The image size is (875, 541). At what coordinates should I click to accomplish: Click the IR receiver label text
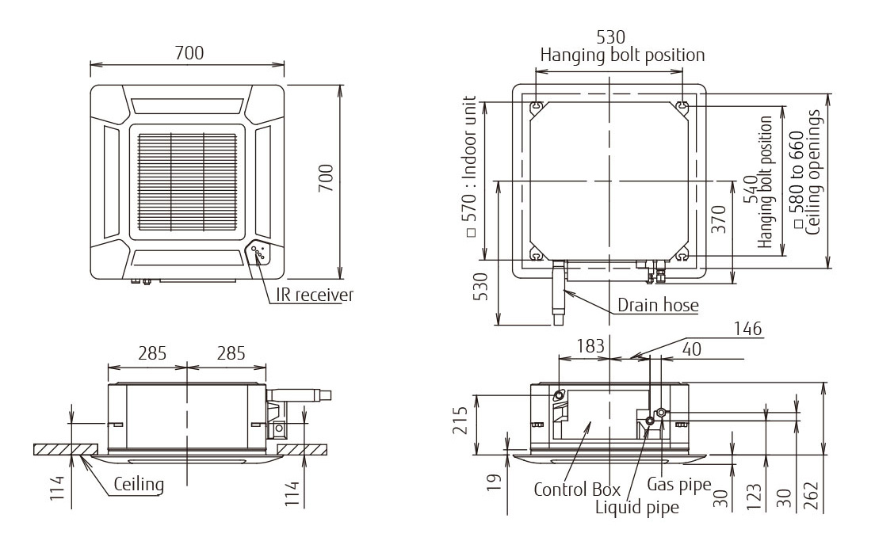315,295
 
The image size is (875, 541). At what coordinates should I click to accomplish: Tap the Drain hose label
658,305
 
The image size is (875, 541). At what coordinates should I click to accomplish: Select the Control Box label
577,490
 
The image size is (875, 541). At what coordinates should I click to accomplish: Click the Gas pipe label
679,485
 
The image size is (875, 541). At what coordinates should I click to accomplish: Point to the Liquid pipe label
637,507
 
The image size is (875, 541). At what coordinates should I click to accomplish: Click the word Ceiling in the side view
139,484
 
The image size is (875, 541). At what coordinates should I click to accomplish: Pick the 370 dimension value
719,219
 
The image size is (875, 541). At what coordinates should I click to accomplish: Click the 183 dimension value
590,346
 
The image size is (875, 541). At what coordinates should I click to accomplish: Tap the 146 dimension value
747,329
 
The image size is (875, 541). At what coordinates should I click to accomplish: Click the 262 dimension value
812,495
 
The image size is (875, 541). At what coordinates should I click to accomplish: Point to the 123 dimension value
754,496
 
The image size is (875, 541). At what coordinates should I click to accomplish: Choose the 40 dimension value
691,349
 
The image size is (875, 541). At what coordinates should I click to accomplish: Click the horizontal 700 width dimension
189,53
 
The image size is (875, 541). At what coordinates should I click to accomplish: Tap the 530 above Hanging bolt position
611,37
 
